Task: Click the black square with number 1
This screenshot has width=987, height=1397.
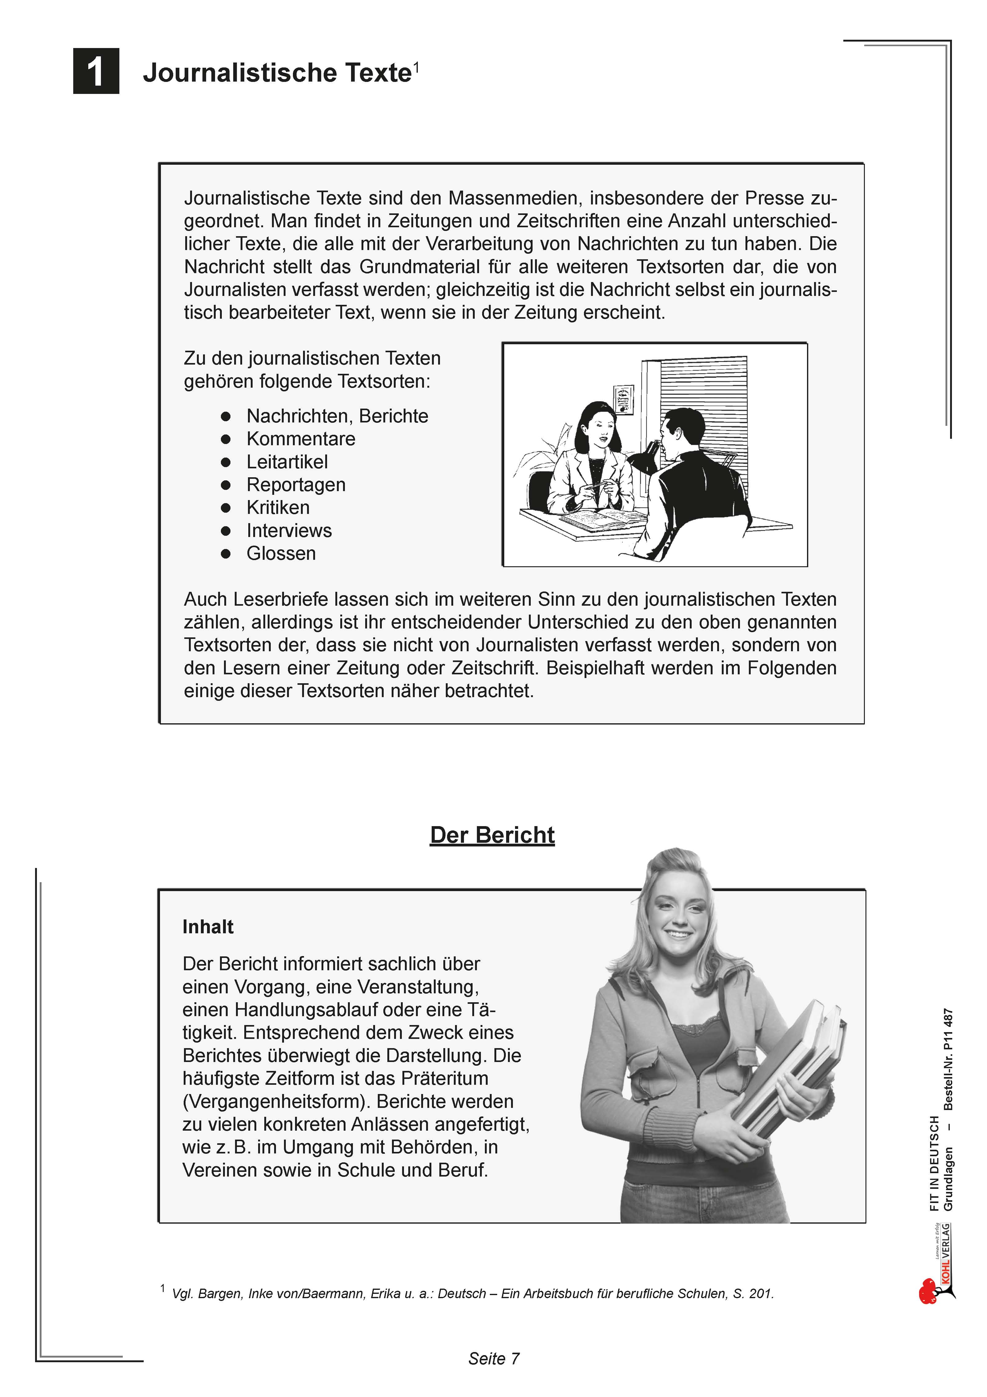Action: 96,71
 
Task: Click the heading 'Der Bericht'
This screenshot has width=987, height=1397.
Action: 492,835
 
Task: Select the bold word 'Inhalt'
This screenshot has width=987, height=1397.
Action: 208,927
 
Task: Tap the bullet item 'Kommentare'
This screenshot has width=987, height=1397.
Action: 300,439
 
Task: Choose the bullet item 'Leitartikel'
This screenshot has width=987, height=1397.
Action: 287,462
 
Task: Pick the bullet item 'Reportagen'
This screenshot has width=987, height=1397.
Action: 296,485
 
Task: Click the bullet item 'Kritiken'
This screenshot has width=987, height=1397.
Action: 278,507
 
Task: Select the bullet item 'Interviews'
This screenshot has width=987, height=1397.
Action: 289,531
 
